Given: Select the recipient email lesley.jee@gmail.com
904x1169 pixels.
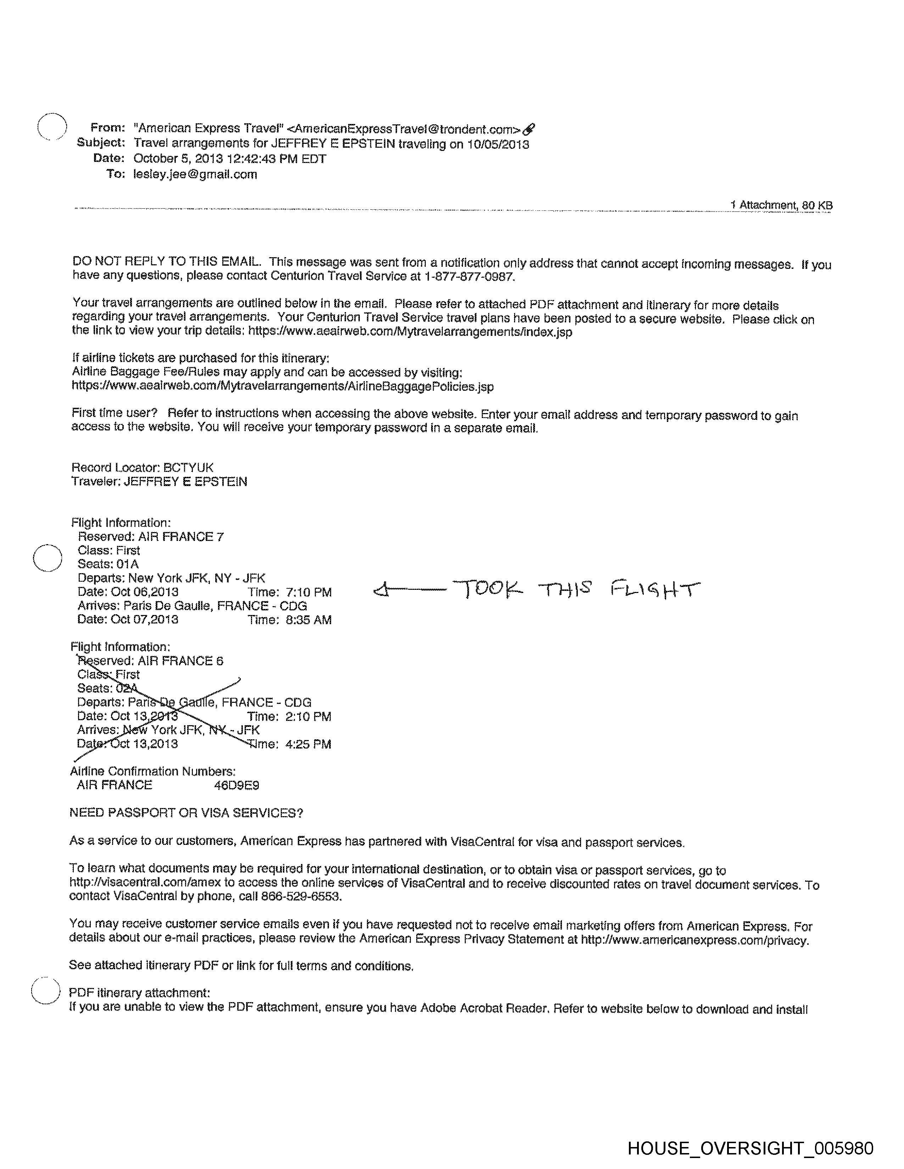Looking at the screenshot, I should pos(195,175).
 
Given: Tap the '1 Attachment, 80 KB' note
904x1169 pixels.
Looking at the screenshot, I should pos(781,205).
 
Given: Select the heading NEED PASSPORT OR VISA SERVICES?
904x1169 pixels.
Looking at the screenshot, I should pos(186,813).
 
